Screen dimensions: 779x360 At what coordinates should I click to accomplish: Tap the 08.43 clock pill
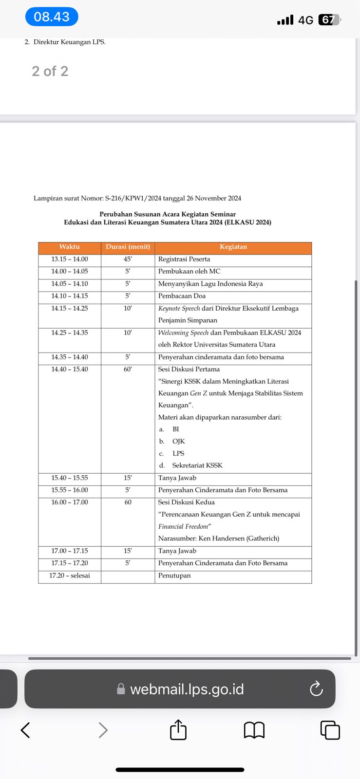click(x=52, y=17)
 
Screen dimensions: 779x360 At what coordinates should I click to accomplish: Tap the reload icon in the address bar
click(x=316, y=688)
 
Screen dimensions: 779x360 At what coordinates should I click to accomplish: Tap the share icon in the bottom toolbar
click(x=178, y=730)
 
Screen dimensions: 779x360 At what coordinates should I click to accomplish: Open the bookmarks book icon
click(x=254, y=730)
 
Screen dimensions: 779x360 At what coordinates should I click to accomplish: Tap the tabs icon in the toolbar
click(x=330, y=730)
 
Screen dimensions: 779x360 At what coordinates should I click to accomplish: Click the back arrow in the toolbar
click(x=25, y=730)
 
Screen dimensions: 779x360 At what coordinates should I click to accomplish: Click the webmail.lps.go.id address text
click(x=187, y=689)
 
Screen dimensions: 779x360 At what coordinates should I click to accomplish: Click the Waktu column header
click(x=70, y=247)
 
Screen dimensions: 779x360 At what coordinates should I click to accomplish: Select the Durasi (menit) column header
click(x=128, y=247)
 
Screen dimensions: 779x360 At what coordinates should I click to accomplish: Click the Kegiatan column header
click(x=233, y=247)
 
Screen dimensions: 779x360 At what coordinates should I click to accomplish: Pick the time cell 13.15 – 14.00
click(x=70, y=259)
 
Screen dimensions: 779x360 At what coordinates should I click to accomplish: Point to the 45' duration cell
click(x=128, y=259)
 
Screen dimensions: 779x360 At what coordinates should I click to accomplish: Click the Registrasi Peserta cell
click(x=184, y=259)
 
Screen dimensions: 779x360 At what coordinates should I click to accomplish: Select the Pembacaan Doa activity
click(x=182, y=296)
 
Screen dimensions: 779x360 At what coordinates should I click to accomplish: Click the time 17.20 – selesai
click(x=70, y=575)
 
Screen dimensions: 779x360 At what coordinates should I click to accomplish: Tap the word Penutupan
click(x=174, y=575)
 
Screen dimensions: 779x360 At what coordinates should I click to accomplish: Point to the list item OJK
click(x=178, y=441)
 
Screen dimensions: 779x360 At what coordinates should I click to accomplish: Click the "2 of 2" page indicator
click(x=50, y=71)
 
